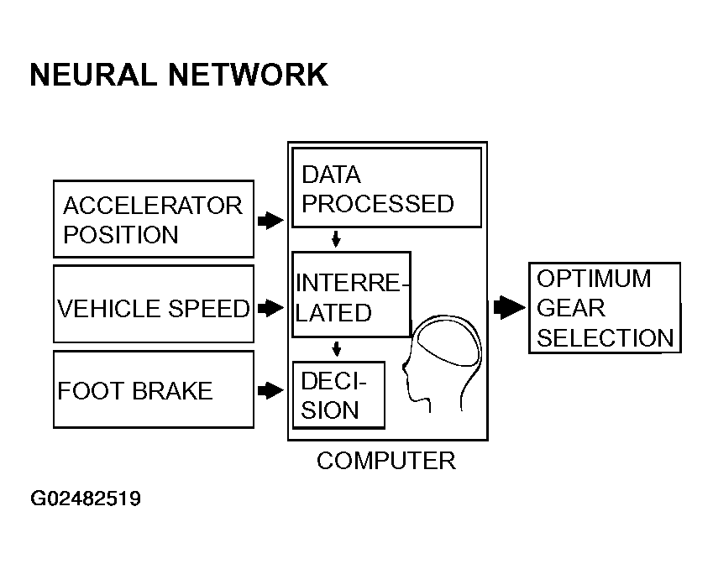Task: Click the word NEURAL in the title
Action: coord(92,75)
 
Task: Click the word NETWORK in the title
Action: coord(249,75)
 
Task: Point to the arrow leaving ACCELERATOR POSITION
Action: coord(270,221)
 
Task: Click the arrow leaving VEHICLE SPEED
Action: coord(270,308)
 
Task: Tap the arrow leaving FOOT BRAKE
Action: coord(270,390)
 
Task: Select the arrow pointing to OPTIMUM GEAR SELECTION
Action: coord(509,308)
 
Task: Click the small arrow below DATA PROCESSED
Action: coord(336,238)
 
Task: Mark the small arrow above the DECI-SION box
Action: coord(337,348)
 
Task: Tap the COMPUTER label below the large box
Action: coord(386,461)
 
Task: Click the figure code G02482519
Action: coord(86,499)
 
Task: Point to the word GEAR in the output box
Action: coord(571,308)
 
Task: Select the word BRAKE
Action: coord(173,391)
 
